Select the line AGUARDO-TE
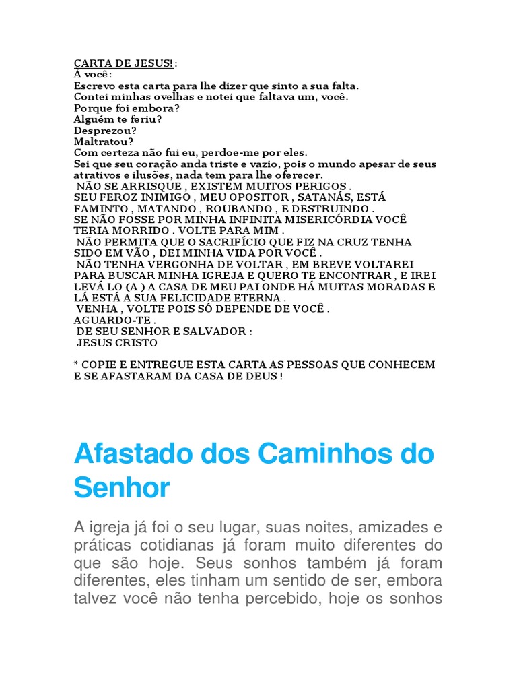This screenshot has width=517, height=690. pos(114,320)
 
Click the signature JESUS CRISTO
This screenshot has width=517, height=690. pos(118,342)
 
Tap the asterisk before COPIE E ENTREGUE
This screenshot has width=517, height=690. pos(76,364)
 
